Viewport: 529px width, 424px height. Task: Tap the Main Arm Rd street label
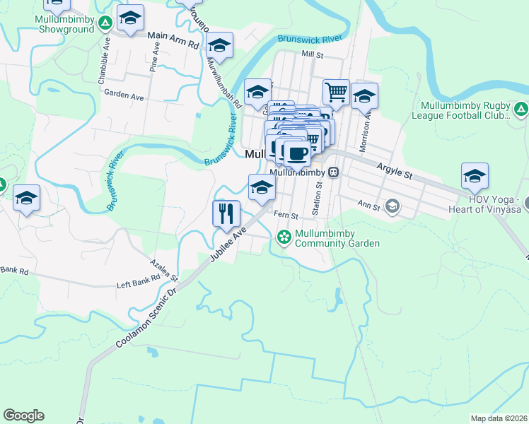click(x=174, y=39)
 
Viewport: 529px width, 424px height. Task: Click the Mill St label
click(x=311, y=54)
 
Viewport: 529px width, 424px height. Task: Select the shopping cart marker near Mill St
click(x=336, y=92)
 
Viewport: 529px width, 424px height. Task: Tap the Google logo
click(x=23, y=416)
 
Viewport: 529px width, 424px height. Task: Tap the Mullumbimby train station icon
click(x=332, y=172)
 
